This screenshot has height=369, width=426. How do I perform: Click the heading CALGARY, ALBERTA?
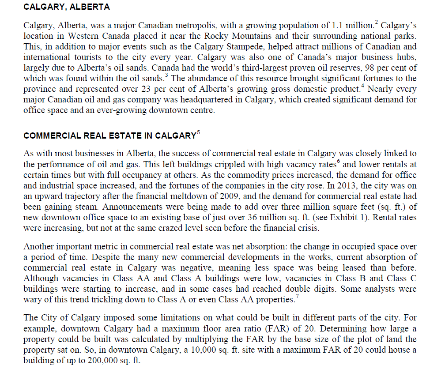pyautogui.click(x=67, y=8)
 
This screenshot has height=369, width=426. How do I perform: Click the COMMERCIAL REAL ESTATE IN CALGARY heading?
pyautogui.click(x=109, y=136)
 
